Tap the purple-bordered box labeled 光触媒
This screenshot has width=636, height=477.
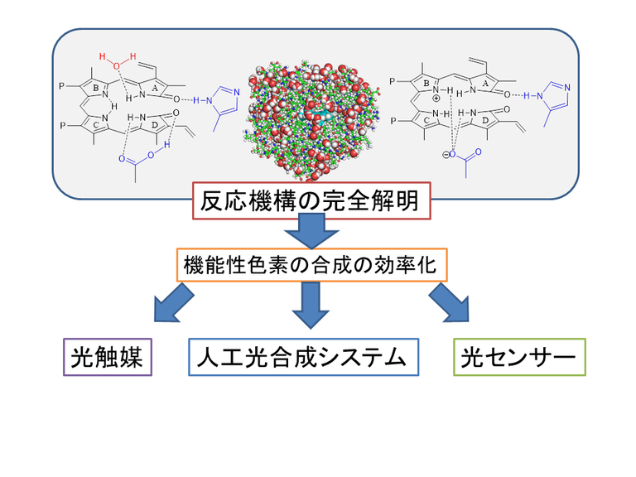108,357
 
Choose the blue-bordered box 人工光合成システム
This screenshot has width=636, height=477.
303,357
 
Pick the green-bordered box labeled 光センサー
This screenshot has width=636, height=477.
519,357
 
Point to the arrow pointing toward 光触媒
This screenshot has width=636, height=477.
175,302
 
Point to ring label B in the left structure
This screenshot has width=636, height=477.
96,87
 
